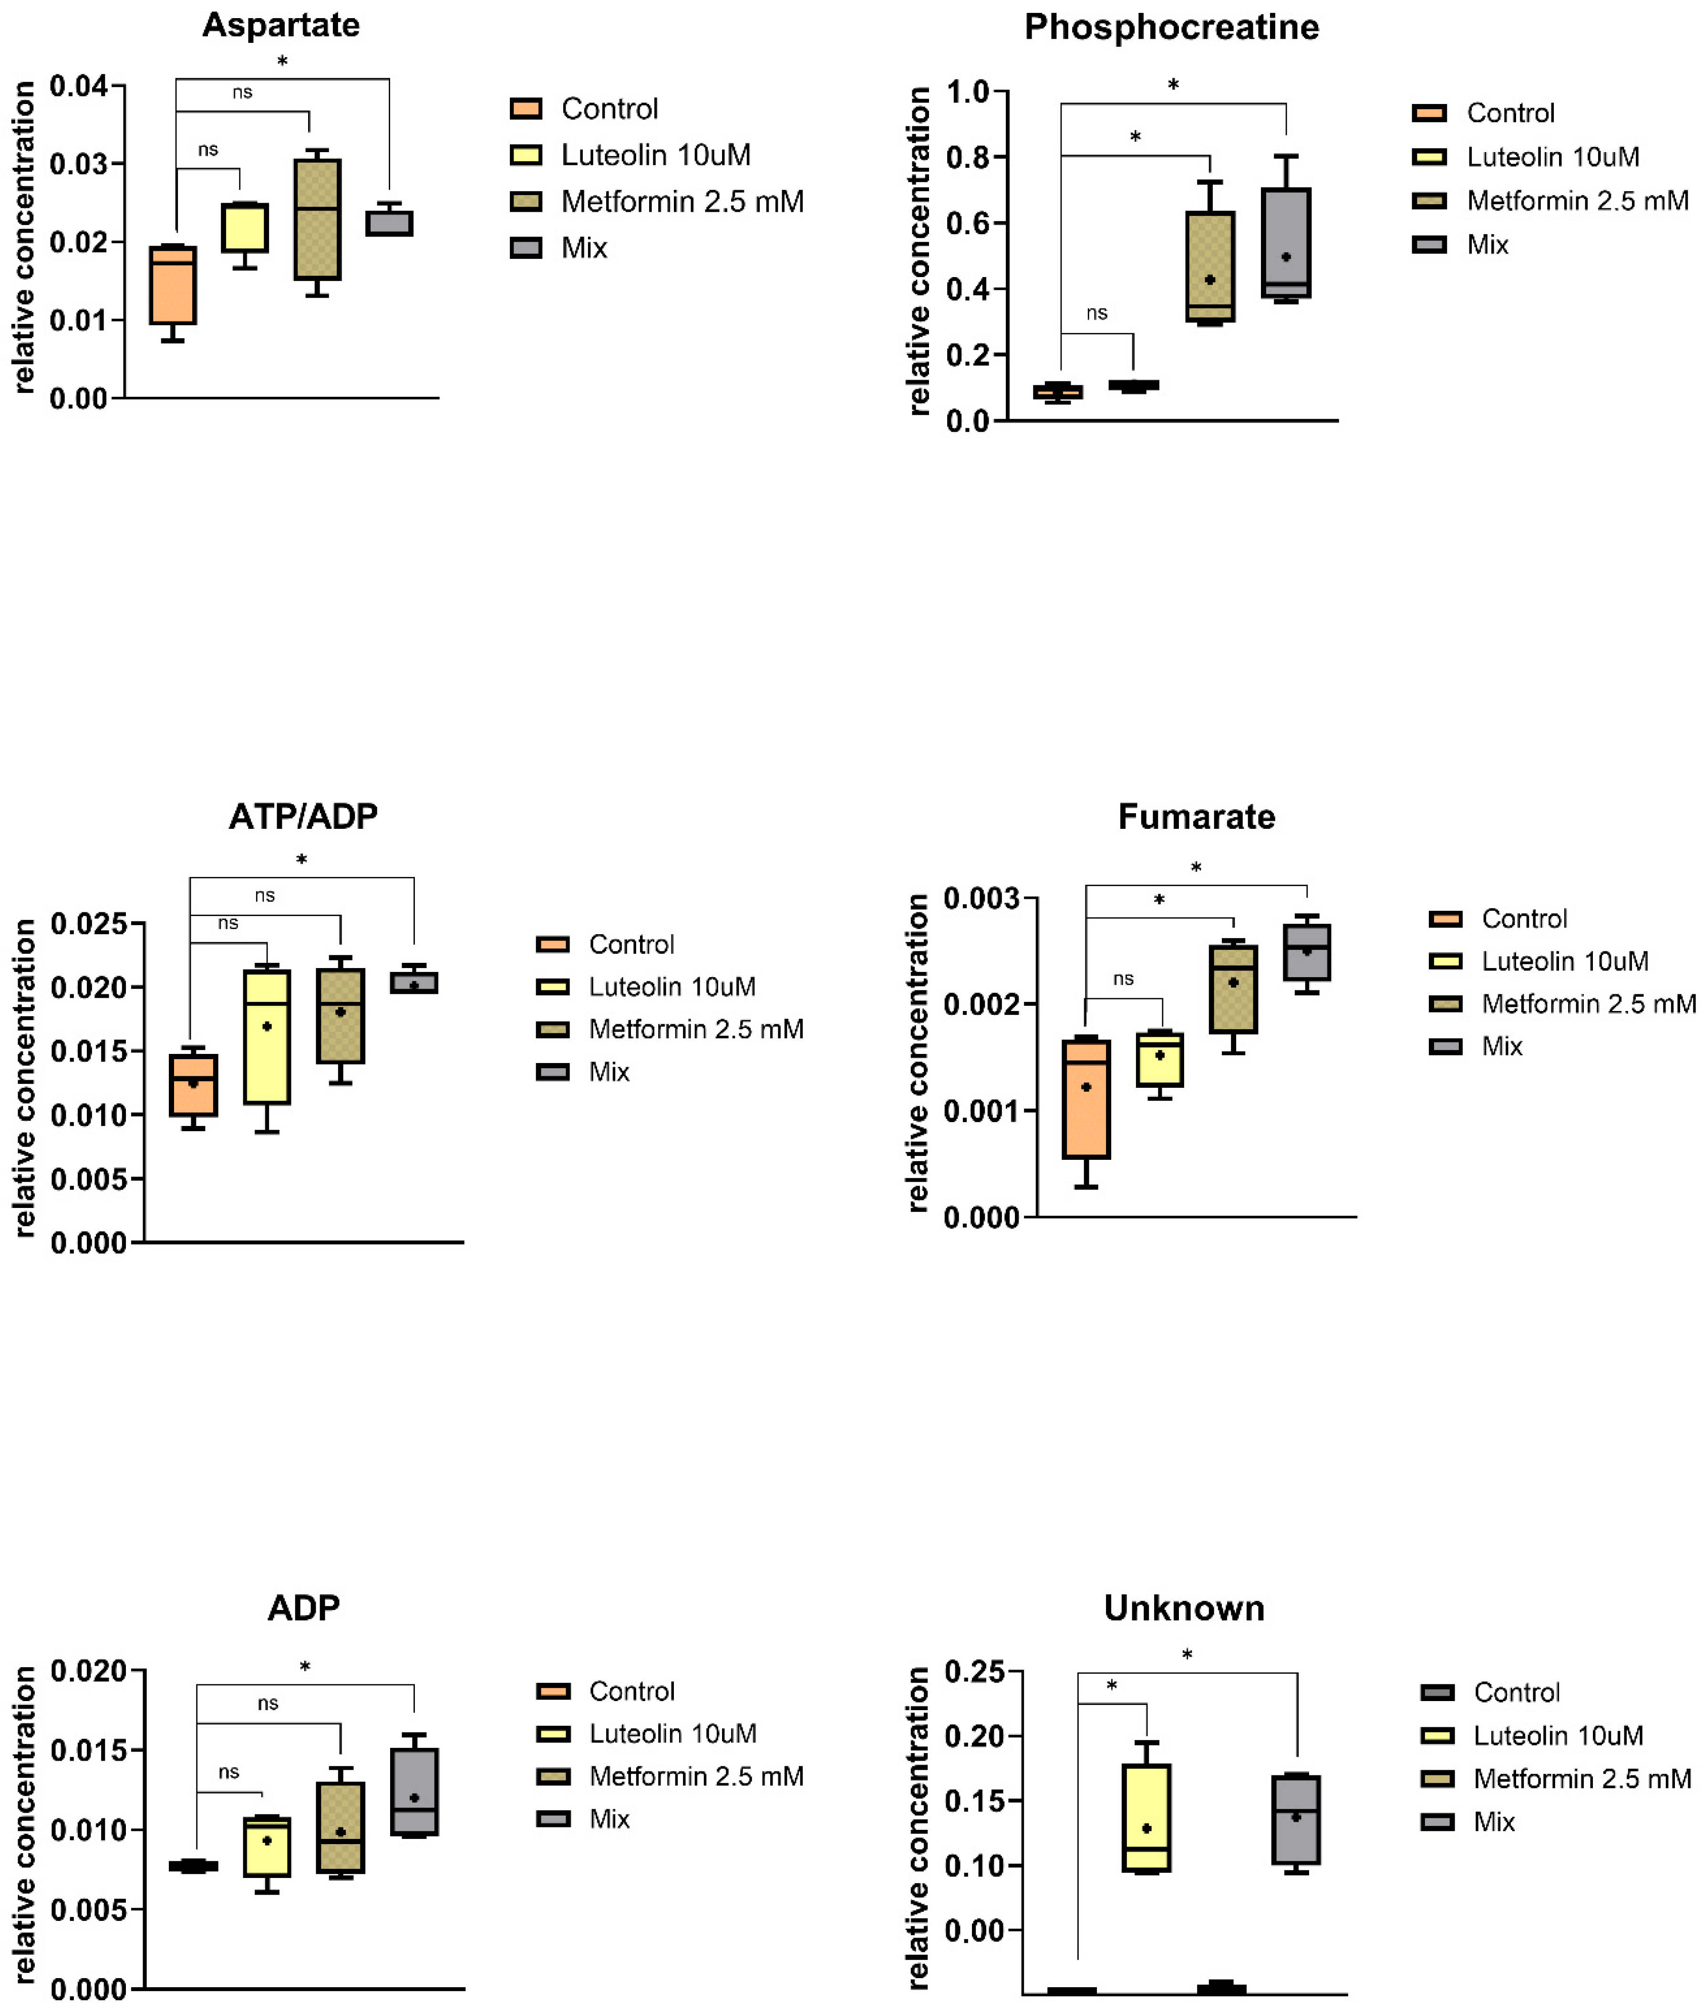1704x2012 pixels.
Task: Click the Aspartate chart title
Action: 281,25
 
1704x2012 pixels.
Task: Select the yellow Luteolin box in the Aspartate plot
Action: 245,228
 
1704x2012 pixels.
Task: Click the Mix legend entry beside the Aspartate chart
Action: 583,248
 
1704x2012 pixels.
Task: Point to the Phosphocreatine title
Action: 1171,27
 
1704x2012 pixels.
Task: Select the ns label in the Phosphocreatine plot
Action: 1096,313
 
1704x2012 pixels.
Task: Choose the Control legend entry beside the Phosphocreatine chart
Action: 1510,113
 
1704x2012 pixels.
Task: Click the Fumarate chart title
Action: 1196,817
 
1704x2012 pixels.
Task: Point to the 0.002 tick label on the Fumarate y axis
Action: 981,1004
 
